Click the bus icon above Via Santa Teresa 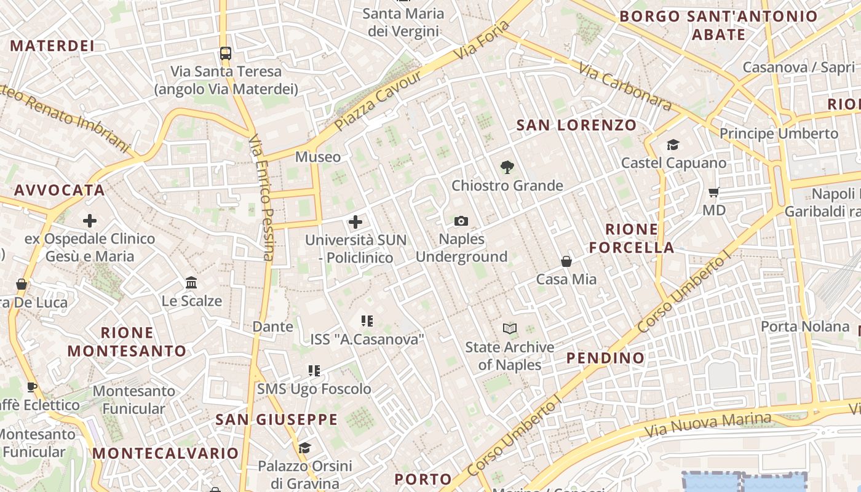(x=226, y=54)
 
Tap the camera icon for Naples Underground (x=461, y=221)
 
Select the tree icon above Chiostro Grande (x=507, y=167)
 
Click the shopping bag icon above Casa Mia (x=566, y=261)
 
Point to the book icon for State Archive (x=510, y=328)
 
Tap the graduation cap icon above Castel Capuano (x=673, y=145)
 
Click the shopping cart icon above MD (x=714, y=192)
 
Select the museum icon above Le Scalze (x=191, y=283)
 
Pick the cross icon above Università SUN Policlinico (x=355, y=222)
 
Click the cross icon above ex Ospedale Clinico (x=90, y=221)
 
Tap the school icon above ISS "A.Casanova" (x=367, y=320)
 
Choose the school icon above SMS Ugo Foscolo (x=314, y=371)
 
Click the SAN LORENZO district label (x=576, y=125)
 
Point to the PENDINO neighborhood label (x=605, y=358)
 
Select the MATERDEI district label (x=52, y=46)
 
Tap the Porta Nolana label (x=805, y=327)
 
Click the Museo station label (x=318, y=157)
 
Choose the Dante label (x=272, y=327)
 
